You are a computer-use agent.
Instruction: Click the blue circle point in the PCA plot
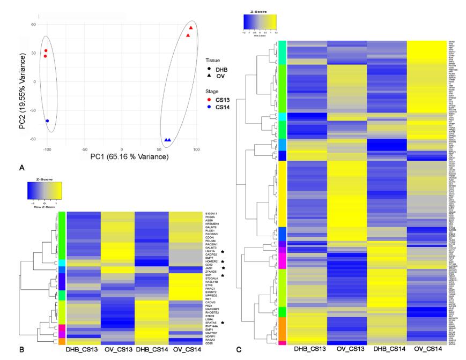[x=48, y=121]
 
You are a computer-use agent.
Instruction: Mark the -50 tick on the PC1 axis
[x=84, y=148]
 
